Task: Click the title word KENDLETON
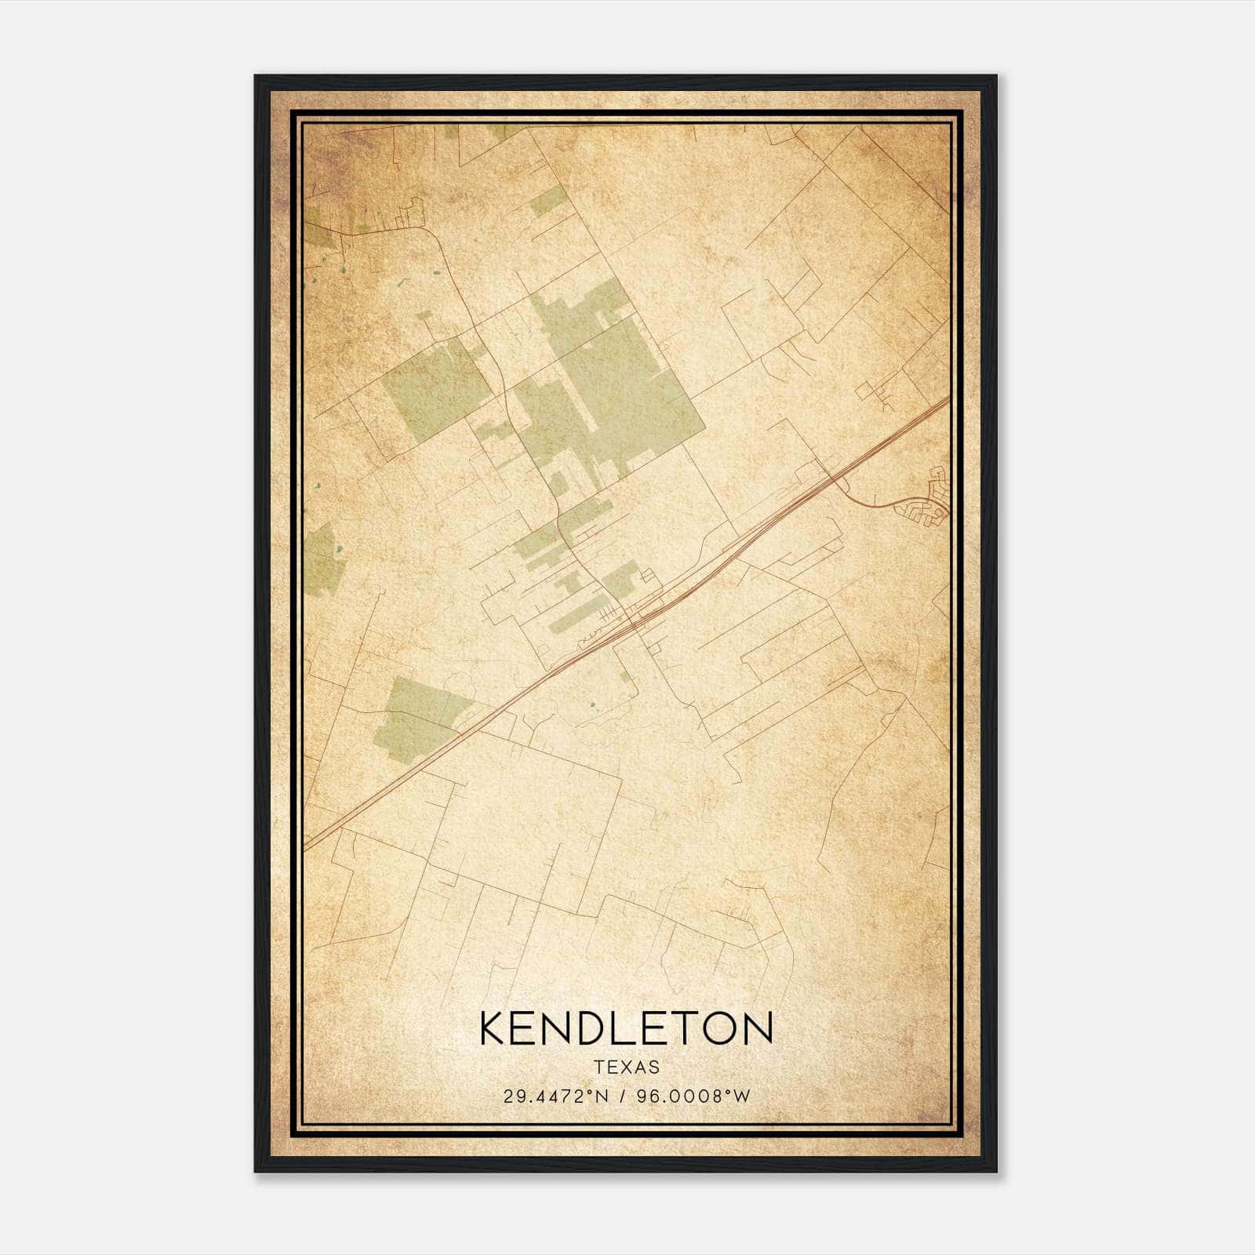[x=626, y=1028]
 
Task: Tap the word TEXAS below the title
[x=626, y=1068]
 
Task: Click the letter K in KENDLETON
[x=493, y=1028]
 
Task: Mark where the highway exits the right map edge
[x=948, y=400]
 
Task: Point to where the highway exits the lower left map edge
[x=308, y=847]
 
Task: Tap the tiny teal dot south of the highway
[x=593, y=704]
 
